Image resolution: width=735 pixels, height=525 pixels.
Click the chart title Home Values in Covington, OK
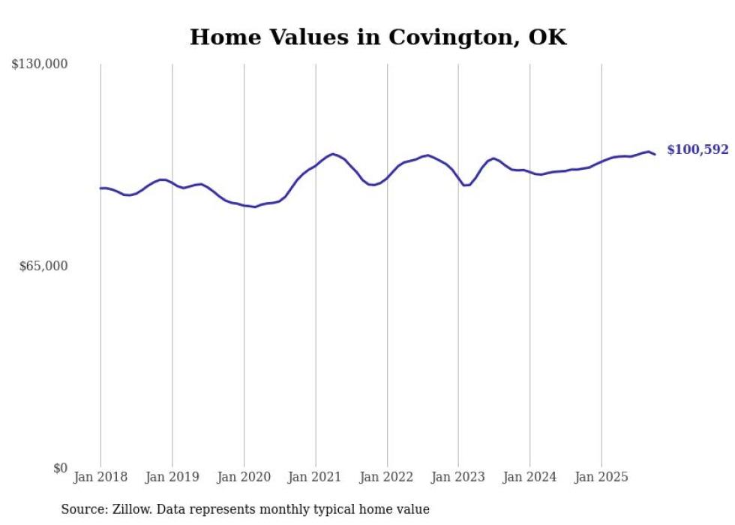pos(378,37)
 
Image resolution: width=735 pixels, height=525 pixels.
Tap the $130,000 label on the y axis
pos(39,65)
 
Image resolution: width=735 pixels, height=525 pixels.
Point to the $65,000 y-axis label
pos(43,266)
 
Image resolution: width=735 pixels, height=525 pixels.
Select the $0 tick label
pos(60,468)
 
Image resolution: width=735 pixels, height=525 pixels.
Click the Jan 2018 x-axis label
pos(100,477)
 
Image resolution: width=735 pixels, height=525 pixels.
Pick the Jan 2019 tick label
pos(172,477)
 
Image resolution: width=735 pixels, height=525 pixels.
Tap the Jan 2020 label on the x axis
pos(244,477)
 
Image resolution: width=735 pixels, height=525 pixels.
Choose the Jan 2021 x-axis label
pos(316,477)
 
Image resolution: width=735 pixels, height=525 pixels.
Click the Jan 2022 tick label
pos(387,477)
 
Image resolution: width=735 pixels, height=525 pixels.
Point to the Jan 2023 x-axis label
pos(459,477)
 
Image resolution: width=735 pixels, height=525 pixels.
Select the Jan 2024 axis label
pos(530,477)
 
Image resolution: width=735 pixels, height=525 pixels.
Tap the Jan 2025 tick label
pos(601,477)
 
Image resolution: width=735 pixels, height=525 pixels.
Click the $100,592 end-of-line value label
pos(697,150)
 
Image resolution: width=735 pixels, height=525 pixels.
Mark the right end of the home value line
pos(655,155)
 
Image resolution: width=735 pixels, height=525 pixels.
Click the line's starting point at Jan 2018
pos(100,189)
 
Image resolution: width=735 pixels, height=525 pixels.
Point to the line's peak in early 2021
pos(333,154)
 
